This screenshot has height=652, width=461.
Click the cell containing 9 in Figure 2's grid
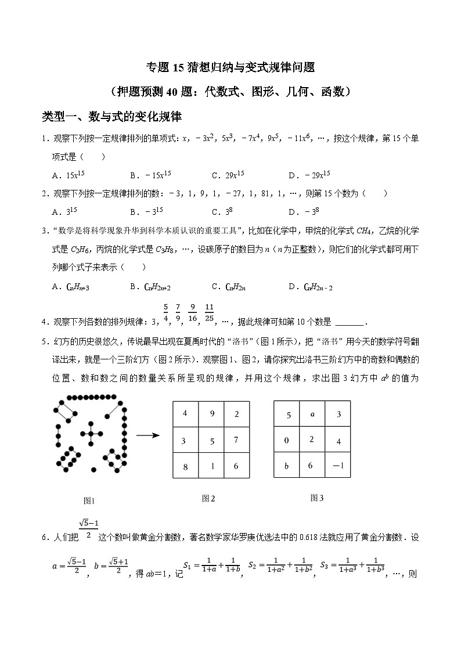[211, 414]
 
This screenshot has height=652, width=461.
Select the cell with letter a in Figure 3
[312, 414]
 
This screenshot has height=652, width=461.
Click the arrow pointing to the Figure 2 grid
[148, 434]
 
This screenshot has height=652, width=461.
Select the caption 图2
[208, 498]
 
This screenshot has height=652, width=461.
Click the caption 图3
[316, 498]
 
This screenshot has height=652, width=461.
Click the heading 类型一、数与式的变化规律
[112, 117]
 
